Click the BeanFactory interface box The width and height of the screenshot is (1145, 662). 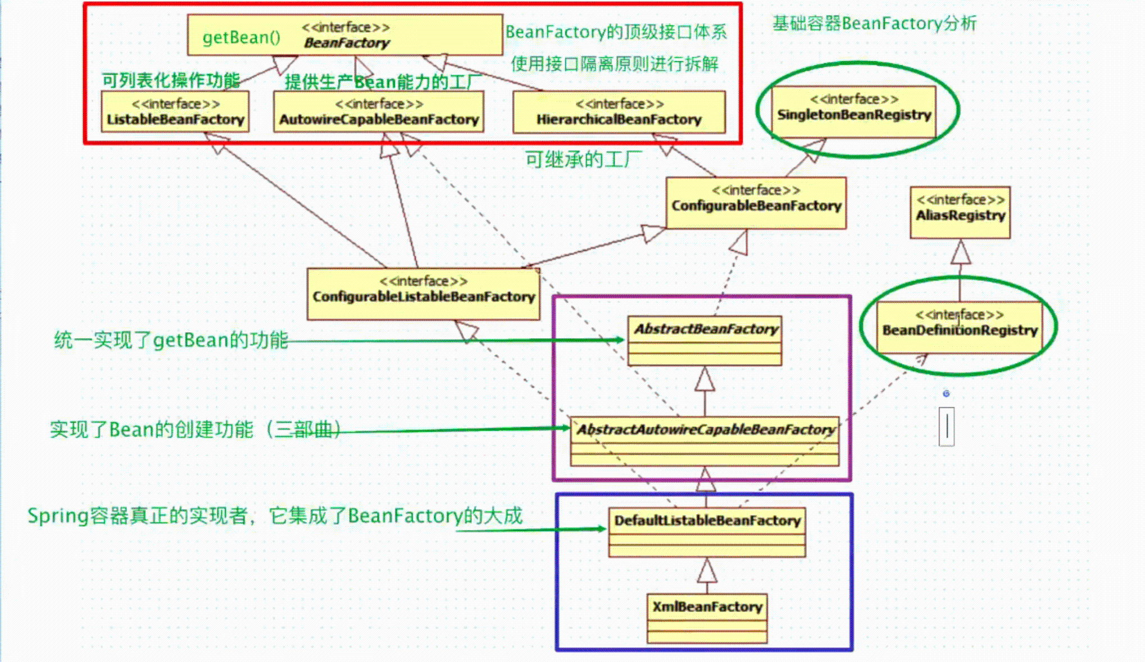(x=345, y=35)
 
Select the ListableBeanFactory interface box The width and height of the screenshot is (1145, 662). (x=175, y=112)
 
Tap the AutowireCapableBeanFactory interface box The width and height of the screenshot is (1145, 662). (x=379, y=112)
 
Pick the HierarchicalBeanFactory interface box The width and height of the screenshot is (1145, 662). (x=619, y=112)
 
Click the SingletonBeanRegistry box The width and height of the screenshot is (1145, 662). (x=854, y=111)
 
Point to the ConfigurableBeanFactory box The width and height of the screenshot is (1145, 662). (x=756, y=203)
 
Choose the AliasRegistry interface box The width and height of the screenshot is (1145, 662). (x=960, y=212)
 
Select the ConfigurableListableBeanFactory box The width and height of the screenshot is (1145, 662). (x=424, y=294)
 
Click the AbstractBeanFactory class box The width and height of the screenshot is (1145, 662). (x=705, y=341)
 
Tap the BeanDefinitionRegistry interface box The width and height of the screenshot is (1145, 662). (x=960, y=327)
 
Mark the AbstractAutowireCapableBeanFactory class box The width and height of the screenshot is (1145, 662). (x=705, y=441)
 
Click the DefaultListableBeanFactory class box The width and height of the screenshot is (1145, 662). (x=707, y=532)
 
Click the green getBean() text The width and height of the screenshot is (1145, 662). (x=241, y=38)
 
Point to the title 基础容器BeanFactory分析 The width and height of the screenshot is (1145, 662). (x=874, y=24)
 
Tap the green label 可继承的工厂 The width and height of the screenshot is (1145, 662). (x=583, y=160)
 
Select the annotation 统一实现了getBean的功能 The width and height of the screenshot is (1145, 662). (x=171, y=340)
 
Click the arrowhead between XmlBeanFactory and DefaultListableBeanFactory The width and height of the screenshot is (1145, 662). (x=707, y=570)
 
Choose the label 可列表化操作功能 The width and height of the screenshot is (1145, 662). (x=170, y=80)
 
